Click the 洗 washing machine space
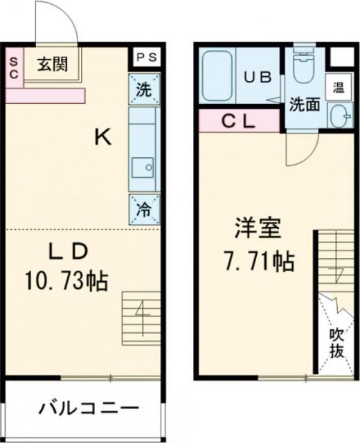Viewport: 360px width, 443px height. (144, 89)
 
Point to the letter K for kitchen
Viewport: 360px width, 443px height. (103, 138)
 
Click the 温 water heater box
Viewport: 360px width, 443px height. (339, 88)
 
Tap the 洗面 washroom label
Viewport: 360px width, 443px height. (304, 105)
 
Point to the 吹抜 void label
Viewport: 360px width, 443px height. (336, 343)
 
